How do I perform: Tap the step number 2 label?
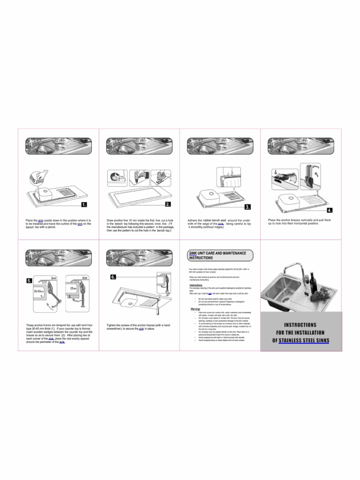167,204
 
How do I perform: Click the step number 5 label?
29,281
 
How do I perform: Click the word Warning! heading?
195,309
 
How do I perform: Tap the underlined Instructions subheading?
195,285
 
